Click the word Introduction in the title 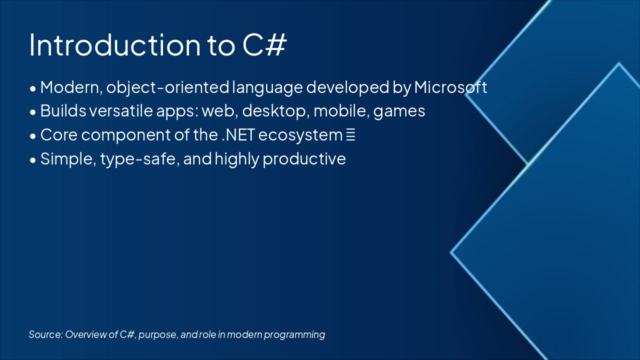(115, 45)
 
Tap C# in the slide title (264, 45)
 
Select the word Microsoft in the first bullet (450, 87)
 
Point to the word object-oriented (167, 87)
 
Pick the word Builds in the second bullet (63, 111)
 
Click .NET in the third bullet (238, 135)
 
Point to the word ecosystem (300, 135)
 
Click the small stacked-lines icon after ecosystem (350, 135)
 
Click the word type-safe (140, 159)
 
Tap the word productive (304, 159)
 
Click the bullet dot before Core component (33, 136)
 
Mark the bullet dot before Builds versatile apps (33, 112)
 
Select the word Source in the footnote (45, 334)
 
